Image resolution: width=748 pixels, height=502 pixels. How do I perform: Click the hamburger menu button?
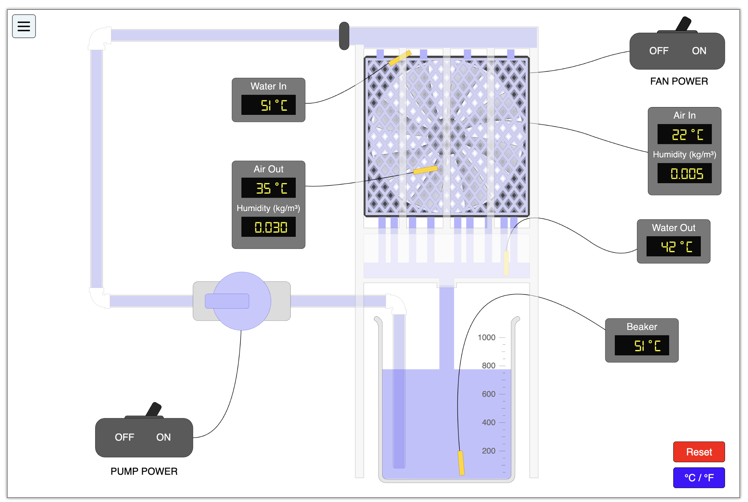[24, 26]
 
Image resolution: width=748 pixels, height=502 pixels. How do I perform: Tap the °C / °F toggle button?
[698, 477]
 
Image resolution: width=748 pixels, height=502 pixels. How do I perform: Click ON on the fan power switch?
[698, 51]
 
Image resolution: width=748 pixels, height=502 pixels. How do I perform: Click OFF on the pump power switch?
[124, 437]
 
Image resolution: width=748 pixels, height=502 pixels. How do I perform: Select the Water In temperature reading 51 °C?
[268, 105]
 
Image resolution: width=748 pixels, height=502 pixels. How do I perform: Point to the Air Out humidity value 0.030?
[268, 227]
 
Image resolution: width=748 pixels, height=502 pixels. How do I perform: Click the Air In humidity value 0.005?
[684, 174]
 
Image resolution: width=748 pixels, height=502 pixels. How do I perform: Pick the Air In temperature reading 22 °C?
[684, 134]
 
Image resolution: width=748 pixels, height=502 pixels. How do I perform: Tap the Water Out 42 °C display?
[673, 246]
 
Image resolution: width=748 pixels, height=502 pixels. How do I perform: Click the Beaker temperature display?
[641, 345]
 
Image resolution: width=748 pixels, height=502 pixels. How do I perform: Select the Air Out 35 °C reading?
[268, 188]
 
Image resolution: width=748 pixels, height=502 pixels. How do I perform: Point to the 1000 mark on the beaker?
[486, 337]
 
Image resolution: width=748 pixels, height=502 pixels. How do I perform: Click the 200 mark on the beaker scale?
[488, 451]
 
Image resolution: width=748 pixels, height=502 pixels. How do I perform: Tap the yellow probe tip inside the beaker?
[461, 463]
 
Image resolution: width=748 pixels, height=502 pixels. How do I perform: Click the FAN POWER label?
[679, 81]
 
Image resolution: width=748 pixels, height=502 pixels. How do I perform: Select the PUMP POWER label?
[144, 471]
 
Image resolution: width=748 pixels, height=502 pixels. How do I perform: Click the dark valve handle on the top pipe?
[344, 36]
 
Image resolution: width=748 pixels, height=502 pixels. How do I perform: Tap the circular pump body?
[242, 301]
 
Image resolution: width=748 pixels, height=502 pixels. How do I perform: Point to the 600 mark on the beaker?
[488, 394]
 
